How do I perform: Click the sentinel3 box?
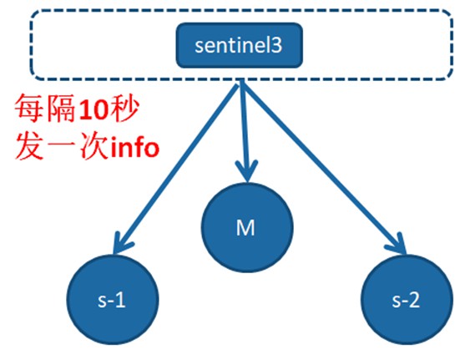[240, 45]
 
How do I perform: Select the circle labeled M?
[247, 227]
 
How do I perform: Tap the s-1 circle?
[113, 299]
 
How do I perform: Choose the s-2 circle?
[407, 299]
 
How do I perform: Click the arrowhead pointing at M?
[247, 170]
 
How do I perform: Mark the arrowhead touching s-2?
[397, 244]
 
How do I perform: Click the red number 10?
[93, 109]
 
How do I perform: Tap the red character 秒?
[124, 109]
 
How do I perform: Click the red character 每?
[30, 109]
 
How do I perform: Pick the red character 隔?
[61, 109]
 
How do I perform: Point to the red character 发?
[30, 146]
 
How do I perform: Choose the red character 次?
[94, 146]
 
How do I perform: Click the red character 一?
[62, 147]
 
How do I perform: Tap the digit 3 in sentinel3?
[276, 46]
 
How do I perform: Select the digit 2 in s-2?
[414, 300]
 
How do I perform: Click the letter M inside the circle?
[245, 227]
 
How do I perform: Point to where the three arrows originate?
[241, 82]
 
